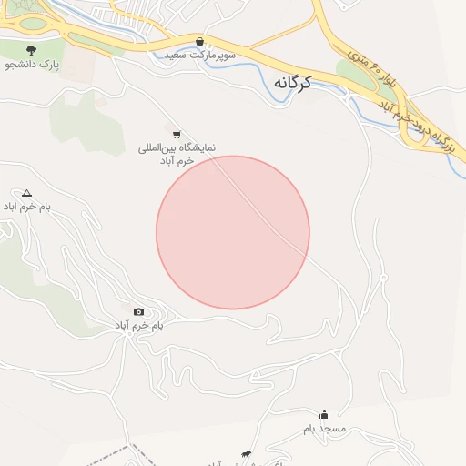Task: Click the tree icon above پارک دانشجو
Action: [32, 50]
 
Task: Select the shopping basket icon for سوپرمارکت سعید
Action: [199, 41]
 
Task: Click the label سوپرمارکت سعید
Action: [200, 56]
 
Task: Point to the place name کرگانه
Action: [291, 83]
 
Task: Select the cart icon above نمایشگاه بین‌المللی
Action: [176, 135]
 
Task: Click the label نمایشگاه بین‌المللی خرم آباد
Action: [167, 154]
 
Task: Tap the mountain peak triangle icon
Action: [26, 193]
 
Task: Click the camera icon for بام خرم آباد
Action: [138, 312]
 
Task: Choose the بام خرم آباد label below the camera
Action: [138, 326]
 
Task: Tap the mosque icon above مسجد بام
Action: [324, 414]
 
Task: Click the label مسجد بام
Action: [324, 428]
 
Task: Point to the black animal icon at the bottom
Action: [245, 454]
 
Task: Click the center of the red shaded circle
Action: [233, 233]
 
